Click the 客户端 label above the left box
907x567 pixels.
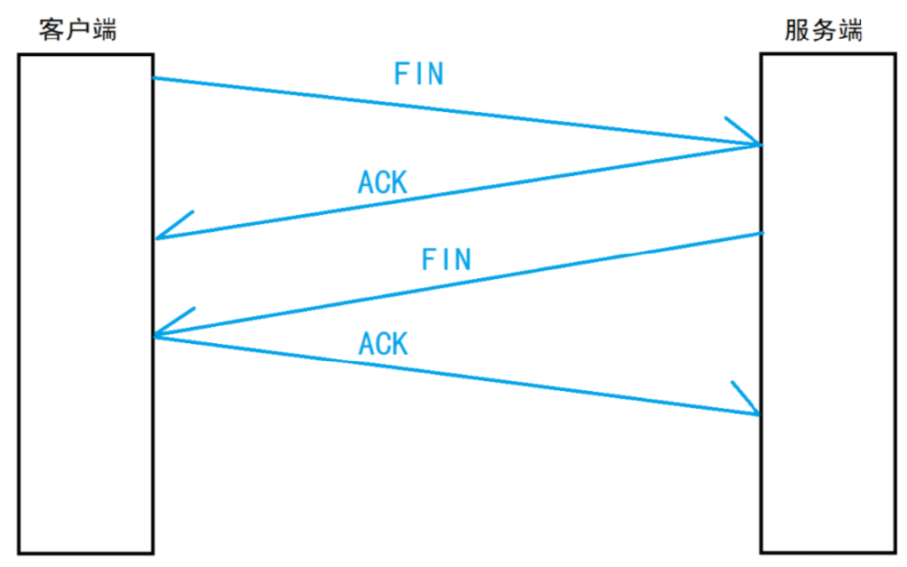(x=78, y=30)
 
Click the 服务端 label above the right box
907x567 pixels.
(x=823, y=30)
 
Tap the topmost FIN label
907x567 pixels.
(x=419, y=73)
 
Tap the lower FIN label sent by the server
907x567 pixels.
(x=446, y=259)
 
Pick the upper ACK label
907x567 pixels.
(x=383, y=182)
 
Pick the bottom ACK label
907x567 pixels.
(x=384, y=343)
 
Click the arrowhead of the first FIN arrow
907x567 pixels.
(x=760, y=144)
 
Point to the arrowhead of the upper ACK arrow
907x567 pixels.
(x=157, y=237)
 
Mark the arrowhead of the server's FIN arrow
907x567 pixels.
(x=155, y=335)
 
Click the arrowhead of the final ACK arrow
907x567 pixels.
(x=758, y=414)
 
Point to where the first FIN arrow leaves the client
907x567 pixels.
(x=154, y=78)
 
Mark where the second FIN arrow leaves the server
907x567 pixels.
(x=762, y=234)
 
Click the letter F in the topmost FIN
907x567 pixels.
(x=401, y=73)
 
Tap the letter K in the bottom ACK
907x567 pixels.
(x=400, y=343)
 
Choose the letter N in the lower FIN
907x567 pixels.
(x=463, y=259)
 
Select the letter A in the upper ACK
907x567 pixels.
(x=366, y=182)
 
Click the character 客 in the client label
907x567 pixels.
(x=51, y=30)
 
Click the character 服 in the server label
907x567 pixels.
(x=797, y=30)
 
